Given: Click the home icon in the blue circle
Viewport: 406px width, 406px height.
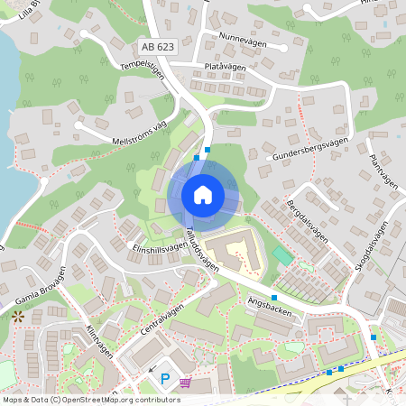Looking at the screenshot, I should pyautogui.click(x=202, y=195).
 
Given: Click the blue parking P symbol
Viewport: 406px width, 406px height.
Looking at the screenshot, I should pyautogui.click(x=165, y=380).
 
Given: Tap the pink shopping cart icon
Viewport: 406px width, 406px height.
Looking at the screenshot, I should pyautogui.click(x=185, y=383).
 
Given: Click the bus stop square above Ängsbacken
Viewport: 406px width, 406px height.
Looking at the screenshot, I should pyautogui.click(x=274, y=297).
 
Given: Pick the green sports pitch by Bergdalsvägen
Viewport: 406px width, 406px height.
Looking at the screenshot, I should pyautogui.click(x=283, y=256).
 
